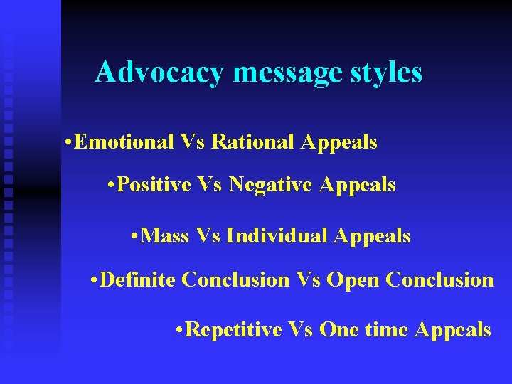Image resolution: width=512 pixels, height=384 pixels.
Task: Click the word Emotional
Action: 124,142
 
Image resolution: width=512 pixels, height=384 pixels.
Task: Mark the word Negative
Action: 272,186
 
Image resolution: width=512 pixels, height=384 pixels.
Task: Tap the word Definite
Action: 139,280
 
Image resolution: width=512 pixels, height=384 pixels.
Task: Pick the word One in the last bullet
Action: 341,330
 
